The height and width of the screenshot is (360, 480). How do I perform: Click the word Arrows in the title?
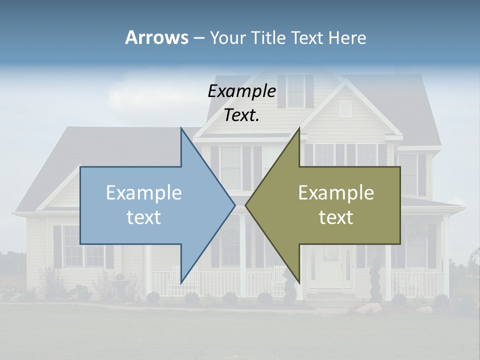(x=156, y=37)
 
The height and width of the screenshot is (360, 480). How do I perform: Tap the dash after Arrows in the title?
(x=198, y=38)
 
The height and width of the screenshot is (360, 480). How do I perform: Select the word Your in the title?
(x=227, y=38)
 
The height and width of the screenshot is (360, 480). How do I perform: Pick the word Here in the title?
(x=347, y=38)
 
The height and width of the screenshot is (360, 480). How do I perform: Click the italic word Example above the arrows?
(x=241, y=91)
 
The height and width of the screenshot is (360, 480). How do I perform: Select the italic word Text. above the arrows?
(x=241, y=115)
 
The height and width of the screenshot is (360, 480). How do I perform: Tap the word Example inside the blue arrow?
(x=144, y=193)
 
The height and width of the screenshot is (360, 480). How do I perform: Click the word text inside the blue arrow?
(x=144, y=217)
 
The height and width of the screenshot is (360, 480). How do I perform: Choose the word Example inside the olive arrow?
(x=336, y=193)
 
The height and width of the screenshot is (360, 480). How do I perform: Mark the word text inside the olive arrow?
(x=336, y=217)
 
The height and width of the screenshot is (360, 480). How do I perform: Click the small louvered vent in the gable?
(x=345, y=108)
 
